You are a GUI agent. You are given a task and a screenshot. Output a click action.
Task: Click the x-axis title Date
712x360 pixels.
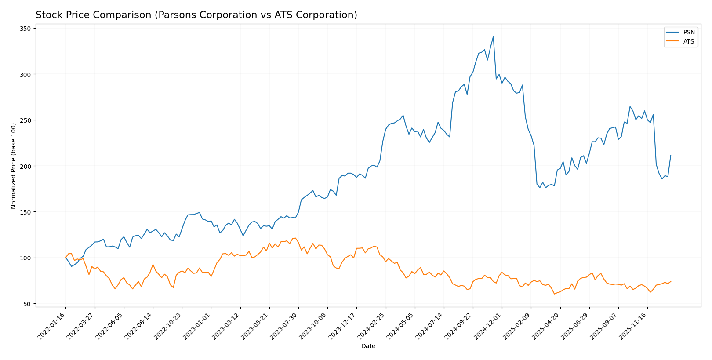[368, 346]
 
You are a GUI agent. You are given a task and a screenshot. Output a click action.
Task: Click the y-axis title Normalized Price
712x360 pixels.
[14, 166]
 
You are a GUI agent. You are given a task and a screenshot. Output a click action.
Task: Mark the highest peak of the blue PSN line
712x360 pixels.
[493, 36]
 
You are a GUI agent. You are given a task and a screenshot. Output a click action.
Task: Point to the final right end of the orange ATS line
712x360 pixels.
[671, 281]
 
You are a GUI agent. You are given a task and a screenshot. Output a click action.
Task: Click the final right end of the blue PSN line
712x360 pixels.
[671, 155]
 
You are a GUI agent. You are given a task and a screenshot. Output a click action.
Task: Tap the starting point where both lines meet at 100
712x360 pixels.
[65, 258]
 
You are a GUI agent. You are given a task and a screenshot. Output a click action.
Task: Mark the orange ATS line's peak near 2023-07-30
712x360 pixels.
[295, 238]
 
